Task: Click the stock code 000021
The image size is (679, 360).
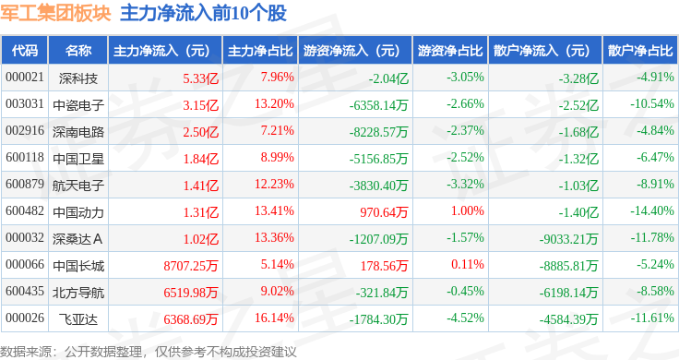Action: coord(25,78)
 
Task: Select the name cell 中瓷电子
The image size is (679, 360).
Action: coord(78,105)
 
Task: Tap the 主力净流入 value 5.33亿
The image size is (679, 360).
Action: coord(200,78)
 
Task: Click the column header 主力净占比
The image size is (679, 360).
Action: coord(260,51)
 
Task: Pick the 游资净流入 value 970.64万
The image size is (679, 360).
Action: coord(384,212)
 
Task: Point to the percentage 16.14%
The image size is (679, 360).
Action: coord(274,318)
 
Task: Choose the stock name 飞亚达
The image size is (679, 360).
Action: coord(78,319)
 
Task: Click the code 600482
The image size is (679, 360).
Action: coord(25,211)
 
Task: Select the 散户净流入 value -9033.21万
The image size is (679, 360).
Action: coord(568,239)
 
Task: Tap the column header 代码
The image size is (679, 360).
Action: coord(25,51)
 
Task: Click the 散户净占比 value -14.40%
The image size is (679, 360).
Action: coord(652,211)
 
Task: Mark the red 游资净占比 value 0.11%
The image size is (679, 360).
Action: coord(467,264)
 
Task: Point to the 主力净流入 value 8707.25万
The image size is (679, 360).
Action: coord(191,266)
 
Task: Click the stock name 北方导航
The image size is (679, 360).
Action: coord(78,293)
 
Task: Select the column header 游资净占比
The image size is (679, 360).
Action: coord(450,51)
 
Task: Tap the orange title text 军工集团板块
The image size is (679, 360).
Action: coord(55,13)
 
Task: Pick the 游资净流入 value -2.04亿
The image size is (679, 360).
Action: coord(388,78)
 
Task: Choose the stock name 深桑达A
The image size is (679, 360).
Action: coord(77,239)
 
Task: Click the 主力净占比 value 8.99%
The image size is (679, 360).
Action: coord(277,157)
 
